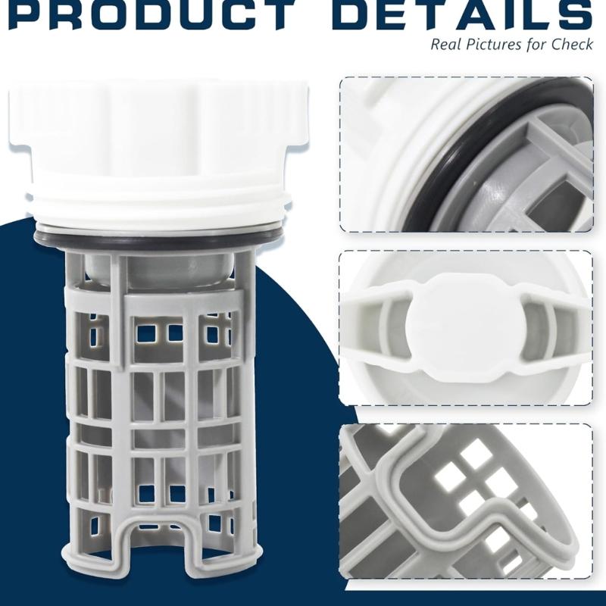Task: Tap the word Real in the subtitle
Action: [x=448, y=44]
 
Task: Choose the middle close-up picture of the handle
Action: [x=466, y=328]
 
